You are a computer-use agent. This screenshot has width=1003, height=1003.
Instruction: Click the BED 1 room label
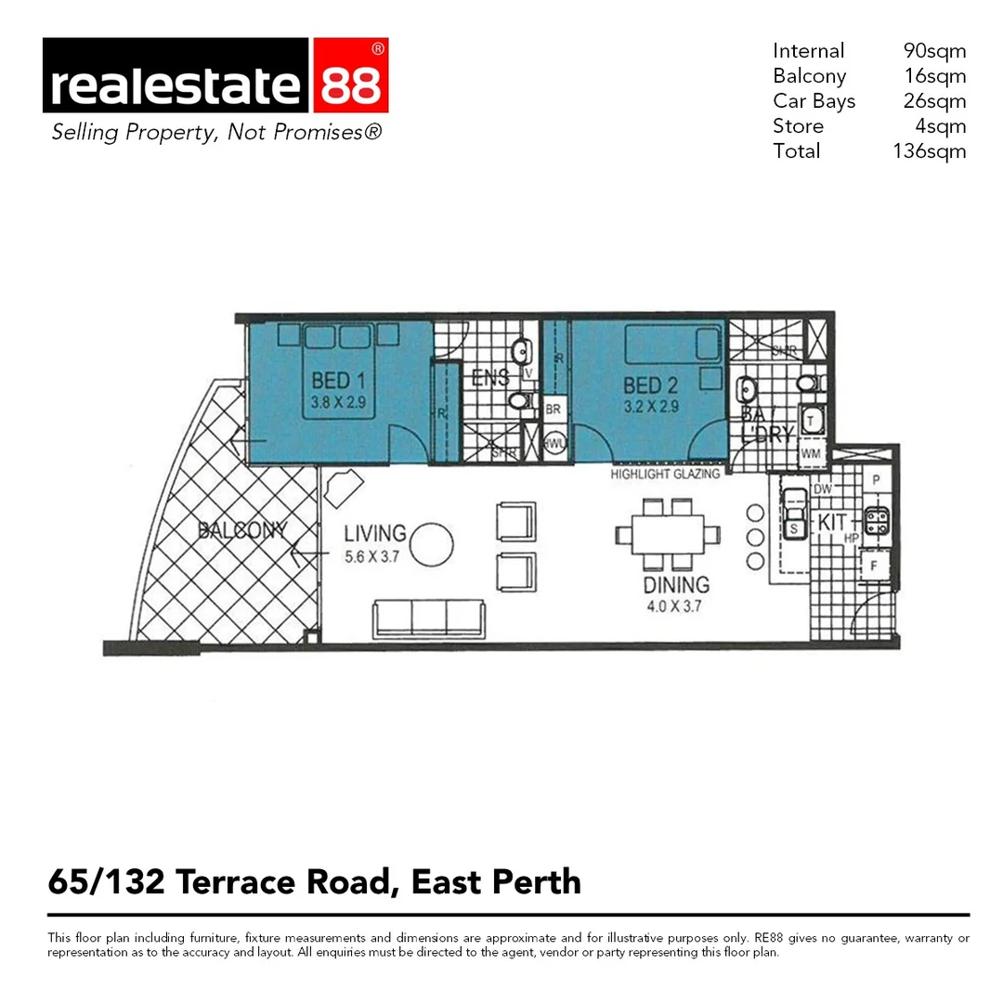tap(332, 381)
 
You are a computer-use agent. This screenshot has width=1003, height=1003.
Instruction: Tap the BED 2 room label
tap(644, 385)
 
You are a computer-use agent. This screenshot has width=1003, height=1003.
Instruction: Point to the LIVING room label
tap(375, 534)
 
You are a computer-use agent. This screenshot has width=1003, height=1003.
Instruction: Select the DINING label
tap(676, 585)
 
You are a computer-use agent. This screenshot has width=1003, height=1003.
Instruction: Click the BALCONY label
tap(241, 531)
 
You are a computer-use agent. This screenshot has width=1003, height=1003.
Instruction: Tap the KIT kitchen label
tap(832, 524)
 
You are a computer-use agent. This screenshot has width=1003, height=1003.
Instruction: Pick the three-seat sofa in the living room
tap(428, 619)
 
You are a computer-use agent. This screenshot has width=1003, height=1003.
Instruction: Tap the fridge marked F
tap(874, 565)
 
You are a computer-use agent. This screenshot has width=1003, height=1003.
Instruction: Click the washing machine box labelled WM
tap(811, 454)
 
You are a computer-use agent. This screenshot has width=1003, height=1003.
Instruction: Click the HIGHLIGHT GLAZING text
tap(665, 475)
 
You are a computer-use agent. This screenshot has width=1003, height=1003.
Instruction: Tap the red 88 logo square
tap(350, 75)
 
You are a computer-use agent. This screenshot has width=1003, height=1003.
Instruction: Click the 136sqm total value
tap(929, 151)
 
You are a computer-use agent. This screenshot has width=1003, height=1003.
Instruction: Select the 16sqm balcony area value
tap(934, 76)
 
